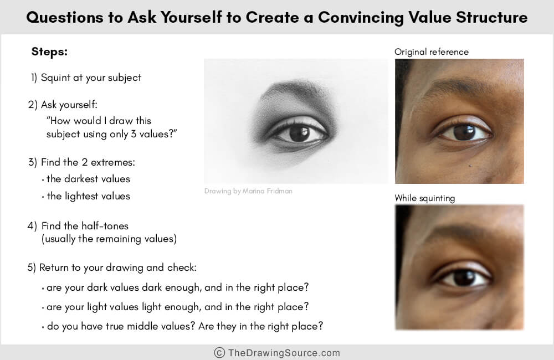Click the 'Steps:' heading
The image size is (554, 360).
[49, 52]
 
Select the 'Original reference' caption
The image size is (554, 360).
[431, 52]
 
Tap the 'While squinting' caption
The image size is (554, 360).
[424, 198]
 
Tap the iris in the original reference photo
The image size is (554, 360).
[464, 132]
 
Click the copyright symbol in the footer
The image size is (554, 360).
[219, 352]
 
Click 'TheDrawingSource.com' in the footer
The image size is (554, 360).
[284, 352]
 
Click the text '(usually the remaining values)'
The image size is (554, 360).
[109, 239]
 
